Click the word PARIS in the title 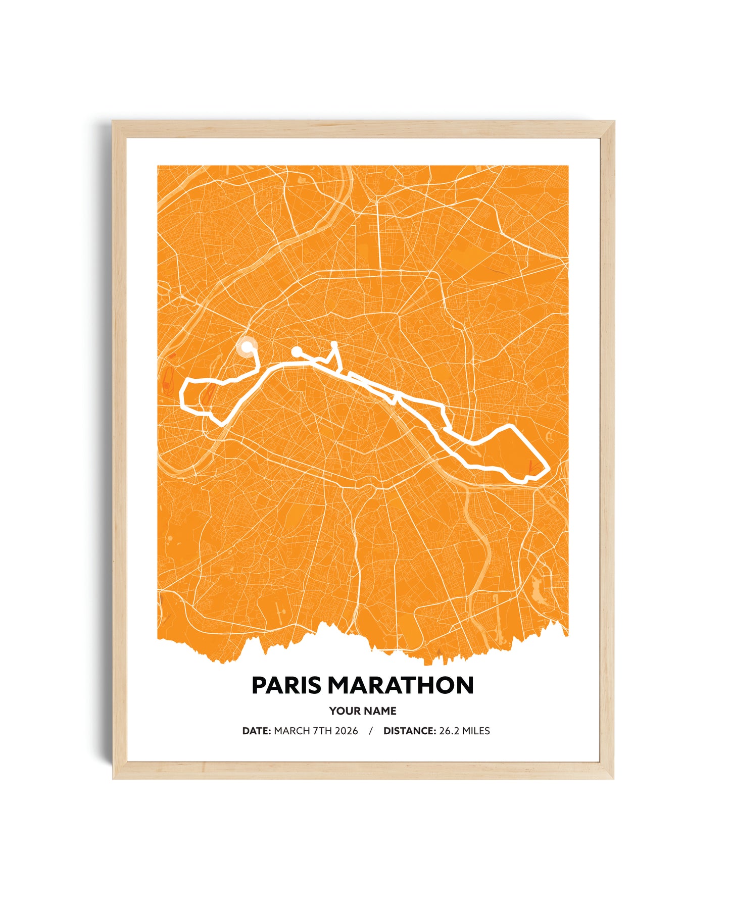click(286, 685)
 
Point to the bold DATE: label click(257, 731)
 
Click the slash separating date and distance click(371, 731)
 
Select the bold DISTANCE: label click(409, 731)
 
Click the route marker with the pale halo click(247, 347)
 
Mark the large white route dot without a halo click(296, 351)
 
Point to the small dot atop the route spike click(334, 343)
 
